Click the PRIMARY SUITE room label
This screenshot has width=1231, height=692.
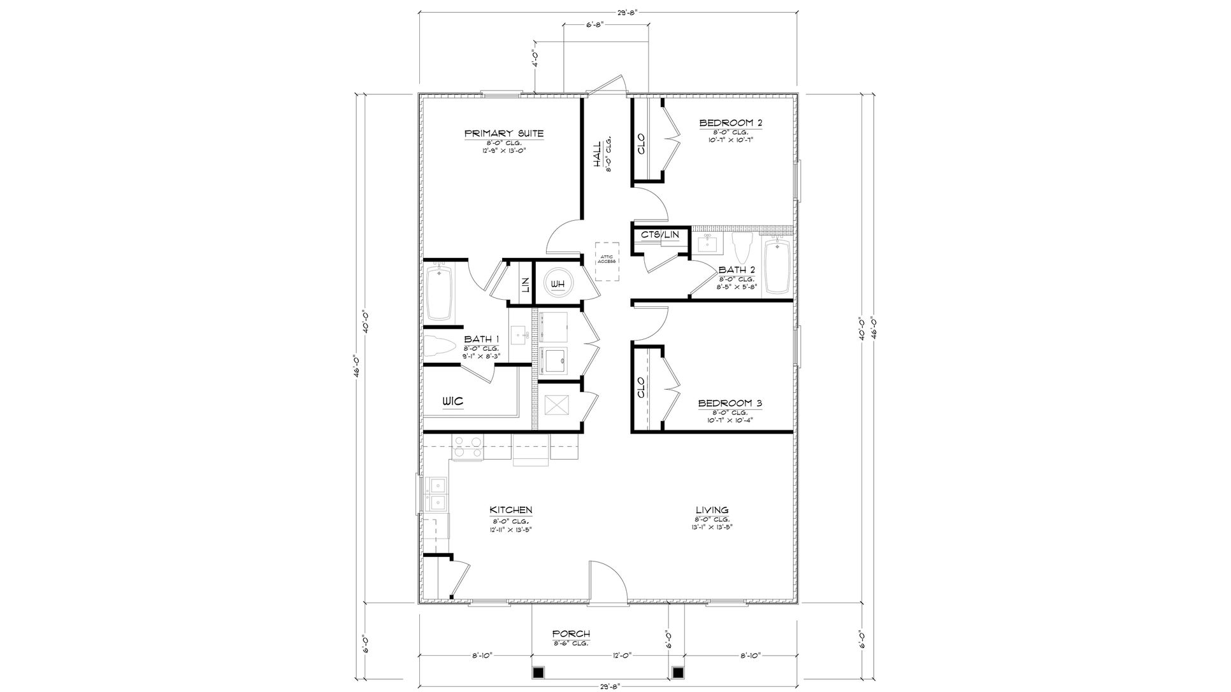point(503,134)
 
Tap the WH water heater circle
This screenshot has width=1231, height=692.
point(558,284)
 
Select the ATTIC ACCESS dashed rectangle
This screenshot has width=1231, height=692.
point(607,261)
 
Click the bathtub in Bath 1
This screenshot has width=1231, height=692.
point(440,293)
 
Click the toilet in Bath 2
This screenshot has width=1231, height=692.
point(743,247)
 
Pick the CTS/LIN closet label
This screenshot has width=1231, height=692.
point(660,235)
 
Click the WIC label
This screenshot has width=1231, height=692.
point(452,402)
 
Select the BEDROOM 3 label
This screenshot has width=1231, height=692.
point(730,403)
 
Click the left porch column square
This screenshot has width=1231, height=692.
point(538,672)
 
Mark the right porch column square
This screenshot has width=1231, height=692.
point(679,672)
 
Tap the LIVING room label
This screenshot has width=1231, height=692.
point(712,510)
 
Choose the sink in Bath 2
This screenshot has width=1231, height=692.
point(707,243)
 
